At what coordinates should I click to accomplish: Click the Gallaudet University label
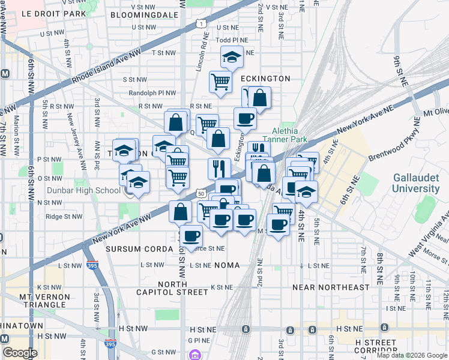[x=416, y=183]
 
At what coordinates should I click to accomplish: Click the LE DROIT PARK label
[x=46, y=13]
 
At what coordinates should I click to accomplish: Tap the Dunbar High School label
[x=91, y=191]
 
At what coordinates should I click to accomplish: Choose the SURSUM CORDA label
[x=132, y=248]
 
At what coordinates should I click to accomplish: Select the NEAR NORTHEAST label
[x=331, y=287]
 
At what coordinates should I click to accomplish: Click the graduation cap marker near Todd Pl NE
[x=232, y=56]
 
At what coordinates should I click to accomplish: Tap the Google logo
[x=19, y=353]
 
